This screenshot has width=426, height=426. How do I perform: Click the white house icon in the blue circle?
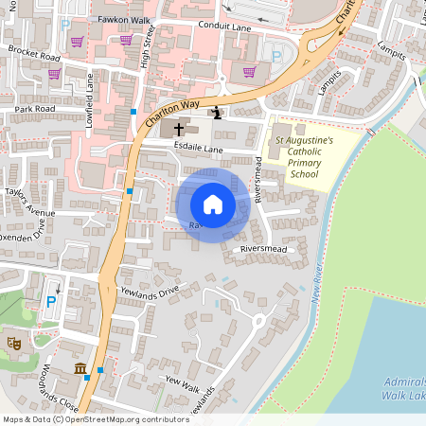(212, 204)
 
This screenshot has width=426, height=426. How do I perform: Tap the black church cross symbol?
(179, 127)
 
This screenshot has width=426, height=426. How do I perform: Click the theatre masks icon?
(13, 342)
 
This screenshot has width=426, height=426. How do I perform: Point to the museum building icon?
(80, 367)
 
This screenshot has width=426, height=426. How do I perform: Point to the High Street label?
(149, 43)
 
